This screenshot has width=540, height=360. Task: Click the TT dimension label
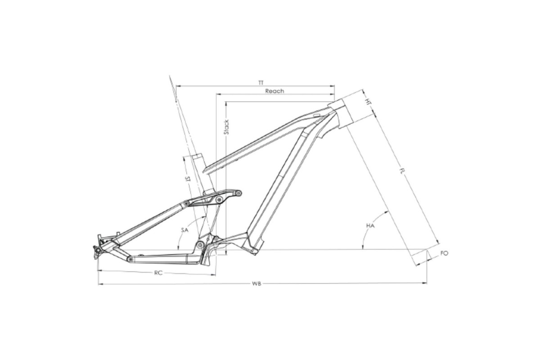coord(261,83)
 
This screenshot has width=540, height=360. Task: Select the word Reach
coord(274,91)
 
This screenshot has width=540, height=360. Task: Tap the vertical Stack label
coord(226,127)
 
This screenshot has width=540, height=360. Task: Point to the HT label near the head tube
coord(368,102)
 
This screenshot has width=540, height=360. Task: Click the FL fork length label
coord(401,172)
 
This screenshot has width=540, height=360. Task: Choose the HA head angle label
coord(370,226)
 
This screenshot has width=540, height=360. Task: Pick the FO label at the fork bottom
coord(444,253)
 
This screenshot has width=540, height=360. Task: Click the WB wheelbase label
coord(256,284)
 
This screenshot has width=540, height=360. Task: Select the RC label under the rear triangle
coord(158,273)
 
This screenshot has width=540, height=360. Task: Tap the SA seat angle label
coord(184,230)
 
